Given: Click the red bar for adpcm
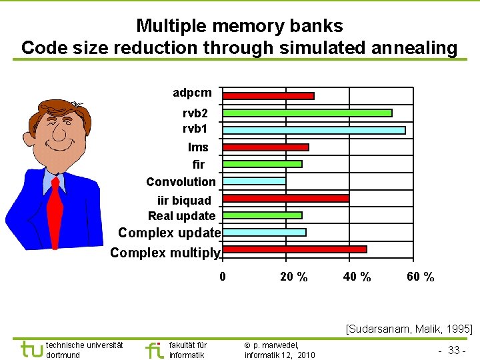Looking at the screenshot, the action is click(268, 96).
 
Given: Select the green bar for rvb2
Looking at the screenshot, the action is click(307, 113).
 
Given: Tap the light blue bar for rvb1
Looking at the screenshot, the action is click(314, 130).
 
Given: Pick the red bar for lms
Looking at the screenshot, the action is click(265, 147).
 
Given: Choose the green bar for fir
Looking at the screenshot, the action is click(262, 164).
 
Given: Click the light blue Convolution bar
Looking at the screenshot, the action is click(254, 181).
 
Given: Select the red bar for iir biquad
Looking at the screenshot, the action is click(285, 198).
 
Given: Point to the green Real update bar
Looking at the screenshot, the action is click(262, 215).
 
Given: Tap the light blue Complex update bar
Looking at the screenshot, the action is click(264, 232).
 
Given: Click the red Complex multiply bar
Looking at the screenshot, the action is click(295, 249).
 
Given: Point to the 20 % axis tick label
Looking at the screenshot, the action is click(294, 277).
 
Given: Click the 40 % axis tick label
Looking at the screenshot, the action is click(357, 277).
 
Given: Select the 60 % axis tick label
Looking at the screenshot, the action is click(421, 277).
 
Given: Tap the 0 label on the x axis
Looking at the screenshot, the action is click(223, 277).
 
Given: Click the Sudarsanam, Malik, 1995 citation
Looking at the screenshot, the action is click(409, 328).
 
